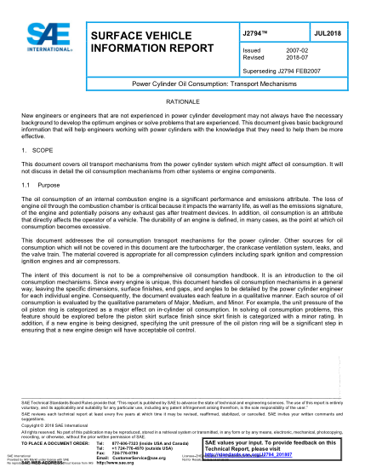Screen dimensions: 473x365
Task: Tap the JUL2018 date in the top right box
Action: click(326, 32)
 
